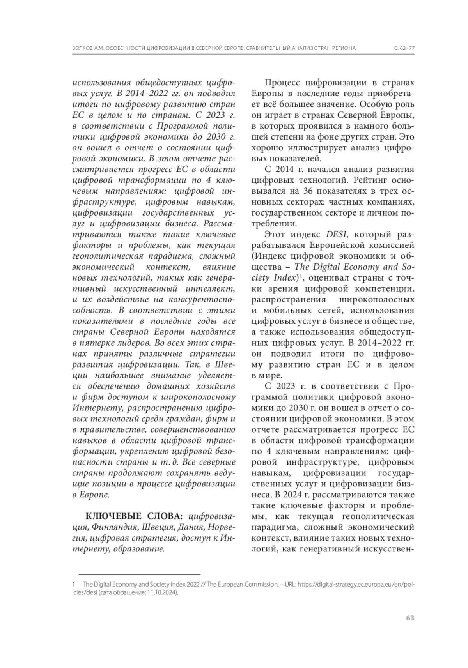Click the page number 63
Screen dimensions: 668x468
tap(409, 618)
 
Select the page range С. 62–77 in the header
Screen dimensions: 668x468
tap(404, 48)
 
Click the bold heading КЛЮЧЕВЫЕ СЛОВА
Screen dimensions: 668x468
tap(134, 516)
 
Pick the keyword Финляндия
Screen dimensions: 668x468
tap(112, 527)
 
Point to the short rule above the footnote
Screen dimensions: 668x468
tap(139, 574)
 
